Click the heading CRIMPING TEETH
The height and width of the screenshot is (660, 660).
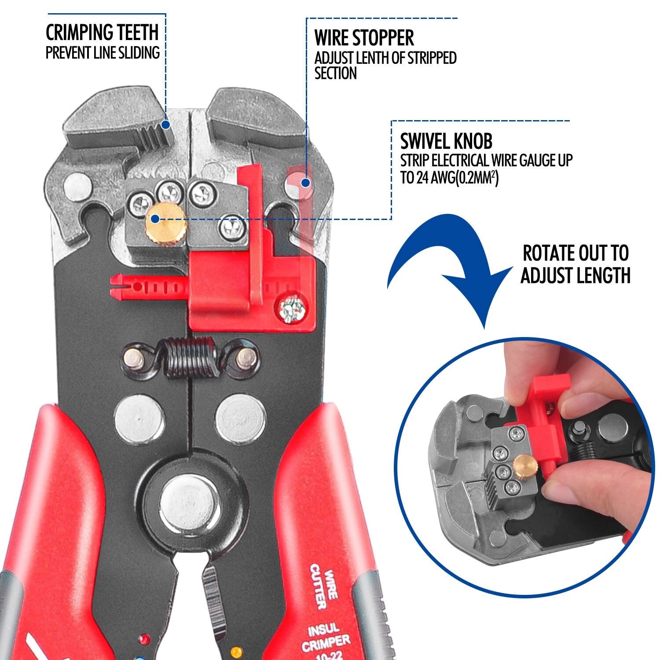coord(102,32)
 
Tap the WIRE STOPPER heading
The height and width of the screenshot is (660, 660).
coord(364,38)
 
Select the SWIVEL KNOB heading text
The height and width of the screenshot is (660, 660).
coord(446,141)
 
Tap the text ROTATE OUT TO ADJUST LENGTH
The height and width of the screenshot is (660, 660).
coord(576,264)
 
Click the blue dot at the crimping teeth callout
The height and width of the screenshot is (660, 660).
coord(165,125)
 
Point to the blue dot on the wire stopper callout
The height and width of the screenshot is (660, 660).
coord(306,181)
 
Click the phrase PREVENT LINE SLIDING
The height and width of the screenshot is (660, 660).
coord(103,52)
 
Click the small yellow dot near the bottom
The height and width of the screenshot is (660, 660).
coord(237,649)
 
